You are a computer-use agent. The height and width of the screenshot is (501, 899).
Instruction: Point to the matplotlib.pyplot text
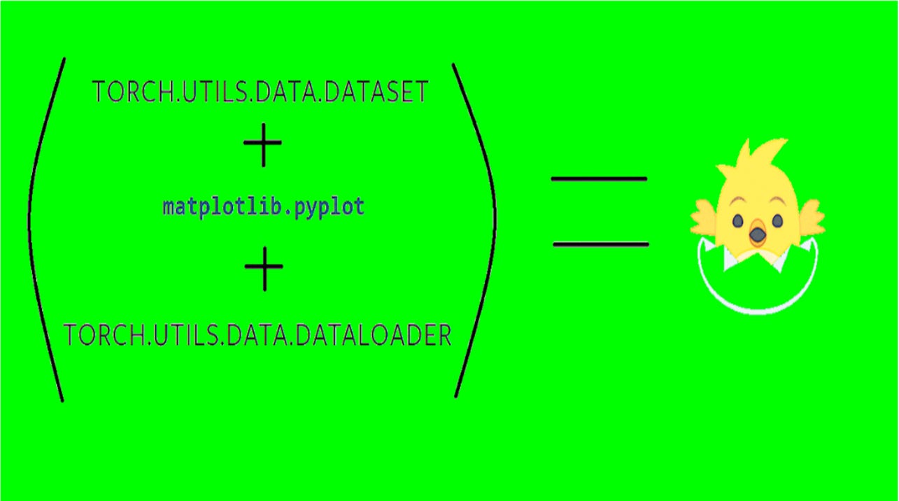click(264, 207)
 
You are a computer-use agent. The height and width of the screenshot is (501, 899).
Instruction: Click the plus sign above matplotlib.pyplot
click(263, 143)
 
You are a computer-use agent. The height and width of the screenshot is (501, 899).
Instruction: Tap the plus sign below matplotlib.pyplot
click(264, 267)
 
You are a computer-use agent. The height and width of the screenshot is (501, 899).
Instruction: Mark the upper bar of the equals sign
click(599, 179)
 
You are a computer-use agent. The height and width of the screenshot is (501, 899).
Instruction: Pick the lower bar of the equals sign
click(601, 244)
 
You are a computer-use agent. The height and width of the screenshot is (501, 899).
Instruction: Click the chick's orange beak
click(757, 234)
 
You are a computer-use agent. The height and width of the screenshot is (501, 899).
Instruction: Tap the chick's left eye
click(738, 221)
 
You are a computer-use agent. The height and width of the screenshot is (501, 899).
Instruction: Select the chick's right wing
click(810, 216)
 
